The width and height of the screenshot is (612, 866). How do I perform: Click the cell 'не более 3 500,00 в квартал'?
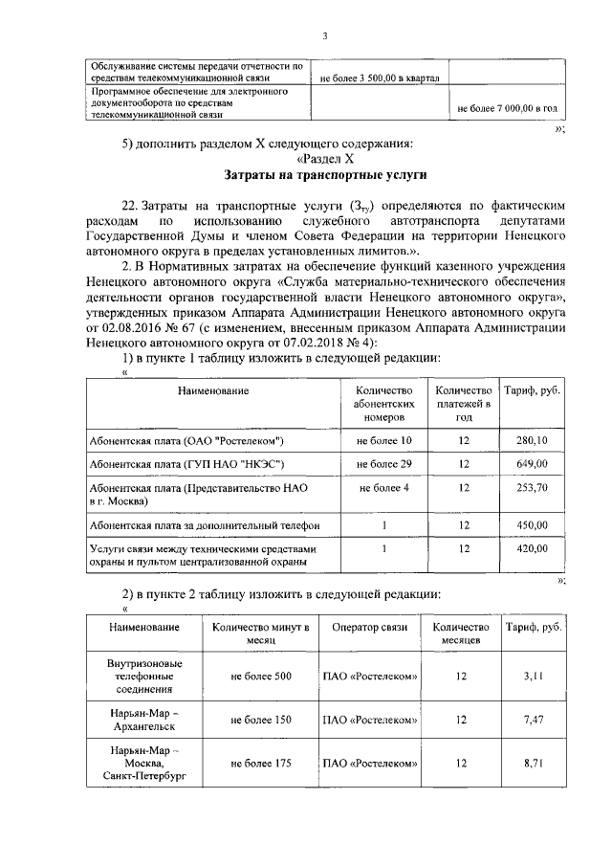tap(378, 78)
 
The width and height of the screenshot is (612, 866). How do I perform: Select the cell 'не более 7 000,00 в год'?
tap(508, 109)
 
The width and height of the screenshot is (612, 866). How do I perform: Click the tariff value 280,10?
tap(531, 440)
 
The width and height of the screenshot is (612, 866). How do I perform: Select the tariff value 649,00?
tap(531, 464)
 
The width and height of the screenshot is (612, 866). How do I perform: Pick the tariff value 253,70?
tap(531, 488)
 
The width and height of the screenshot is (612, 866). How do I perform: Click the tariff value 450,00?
tap(531, 525)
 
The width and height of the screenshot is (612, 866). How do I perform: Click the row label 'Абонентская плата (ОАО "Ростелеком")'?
tap(186, 440)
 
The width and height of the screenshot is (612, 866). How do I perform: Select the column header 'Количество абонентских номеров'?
tap(383, 404)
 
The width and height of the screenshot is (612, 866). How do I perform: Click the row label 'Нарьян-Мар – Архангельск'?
tap(145, 720)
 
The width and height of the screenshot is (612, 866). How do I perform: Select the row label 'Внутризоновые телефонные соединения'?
tap(145, 676)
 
